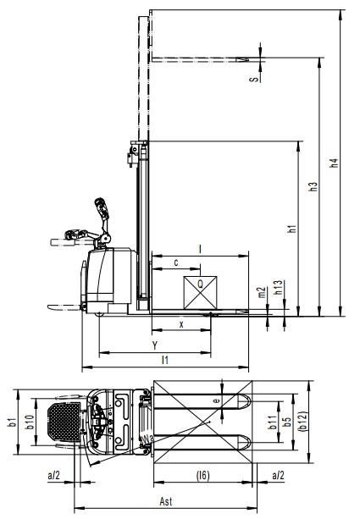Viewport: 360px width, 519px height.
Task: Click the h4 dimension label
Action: (x=335, y=163)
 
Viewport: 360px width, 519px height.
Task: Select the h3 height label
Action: (x=313, y=186)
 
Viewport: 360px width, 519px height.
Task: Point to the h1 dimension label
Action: (x=292, y=229)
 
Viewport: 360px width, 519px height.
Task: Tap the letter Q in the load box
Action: (x=201, y=284)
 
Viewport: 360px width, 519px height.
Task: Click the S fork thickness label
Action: (x=254, y=79)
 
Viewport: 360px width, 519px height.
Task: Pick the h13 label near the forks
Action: (x=278, y=288)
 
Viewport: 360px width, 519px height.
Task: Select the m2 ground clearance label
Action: (x=262, y=292)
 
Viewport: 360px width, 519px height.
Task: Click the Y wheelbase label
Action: (x=155, y=345)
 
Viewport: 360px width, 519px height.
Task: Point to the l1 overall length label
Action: (x=165, y=360)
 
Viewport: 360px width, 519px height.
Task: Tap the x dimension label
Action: (x=181, y=325)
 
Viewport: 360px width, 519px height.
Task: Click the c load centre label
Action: (x=176, y=262)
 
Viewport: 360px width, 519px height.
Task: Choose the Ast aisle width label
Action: (x=166, y=501)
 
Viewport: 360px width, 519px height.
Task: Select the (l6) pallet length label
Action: (x=203, y=476)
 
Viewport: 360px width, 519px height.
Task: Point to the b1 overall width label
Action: (x=12, y=422)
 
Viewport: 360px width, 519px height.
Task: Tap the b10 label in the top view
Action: (x=30, y=422)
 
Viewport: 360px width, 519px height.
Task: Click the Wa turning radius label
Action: (x=147, y=439)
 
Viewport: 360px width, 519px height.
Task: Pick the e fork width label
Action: (x=216, y=401)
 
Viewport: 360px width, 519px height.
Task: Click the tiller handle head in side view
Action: (x=102, y=208)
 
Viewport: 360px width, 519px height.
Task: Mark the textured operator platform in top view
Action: (x=64, y=422)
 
